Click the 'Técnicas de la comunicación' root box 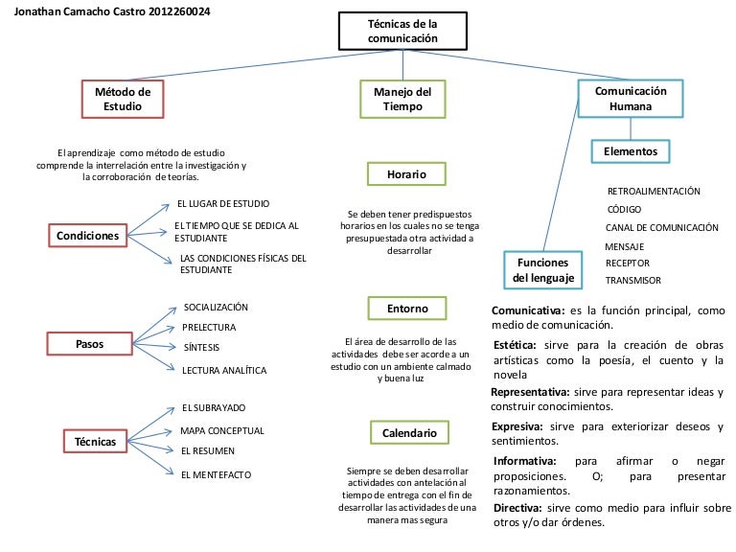click(x=402, y=30)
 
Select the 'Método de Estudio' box click(x=123, y=99)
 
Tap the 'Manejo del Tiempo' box click(x=396, y=99)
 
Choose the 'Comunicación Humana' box click(x=631, y=99)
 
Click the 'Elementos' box click(x=631, y=151)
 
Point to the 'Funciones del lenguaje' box click(x=542, y=270)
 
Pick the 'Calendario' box click(x=410, y=433)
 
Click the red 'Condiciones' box click(x=87, y=235)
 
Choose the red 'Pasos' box click(x=89, y=343)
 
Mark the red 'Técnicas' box click(x=96, y=442)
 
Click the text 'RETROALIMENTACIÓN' click(x=654, y=192)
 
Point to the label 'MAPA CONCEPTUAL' click(x=222, y=431)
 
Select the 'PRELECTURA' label click(x=209, y=328)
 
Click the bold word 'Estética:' click(x=518, y=345)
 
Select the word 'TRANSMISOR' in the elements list click(x=632, y=281)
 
